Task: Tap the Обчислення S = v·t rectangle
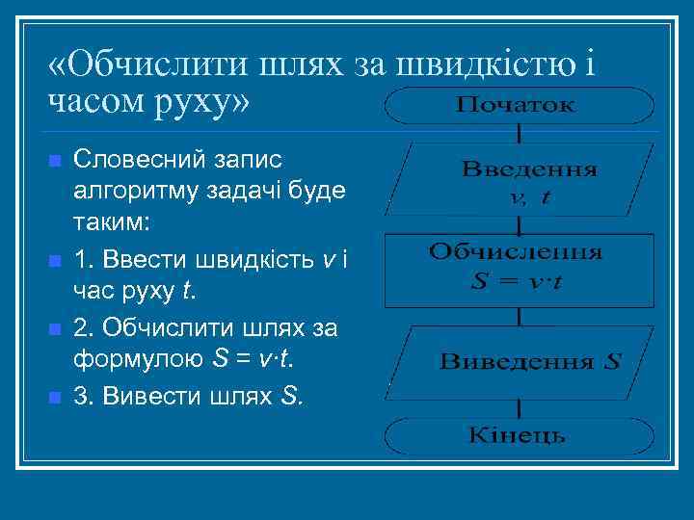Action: pyautogui.click(x=518, y=268)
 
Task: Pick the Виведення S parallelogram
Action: pyautogui.click(x=520, y=361)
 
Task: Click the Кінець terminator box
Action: pyautogui.click(x=520, y=436)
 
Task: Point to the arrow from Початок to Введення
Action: pyautogui.click(x=520, y=132)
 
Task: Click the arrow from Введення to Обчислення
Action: pyautogui.click(x=520, y=226)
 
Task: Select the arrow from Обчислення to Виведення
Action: pyautogui.click(x=520, y=315)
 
